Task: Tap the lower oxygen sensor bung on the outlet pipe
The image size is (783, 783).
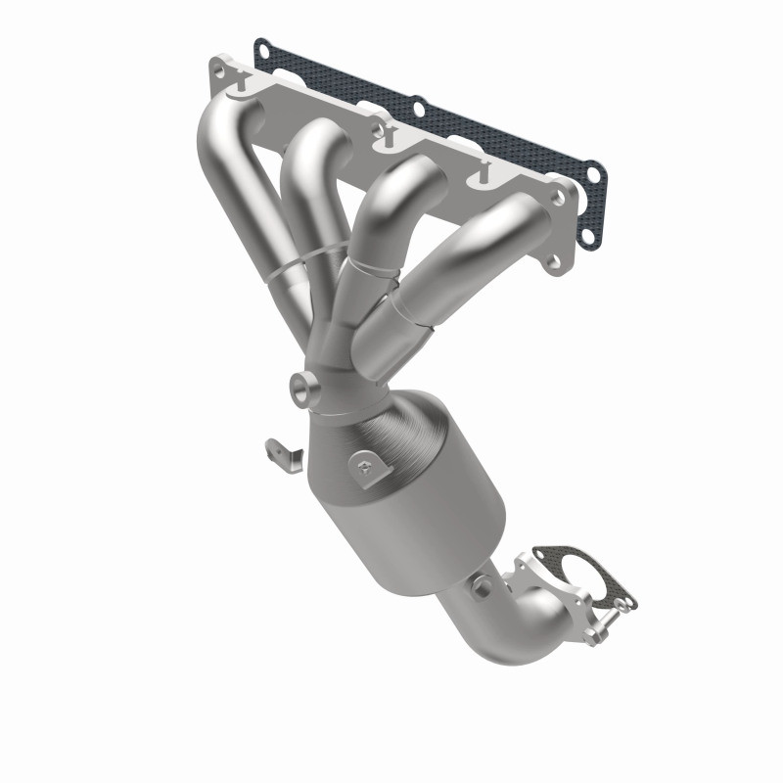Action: [x=482, y=584]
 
